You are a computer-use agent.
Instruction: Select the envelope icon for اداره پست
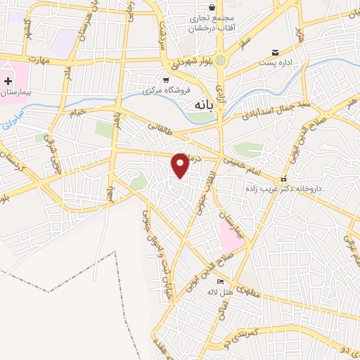coord(276,52)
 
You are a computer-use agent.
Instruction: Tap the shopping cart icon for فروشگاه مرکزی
coord(166,79)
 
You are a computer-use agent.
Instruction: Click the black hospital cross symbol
coord(8,82)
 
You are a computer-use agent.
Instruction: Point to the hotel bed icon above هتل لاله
coord(212,282)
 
